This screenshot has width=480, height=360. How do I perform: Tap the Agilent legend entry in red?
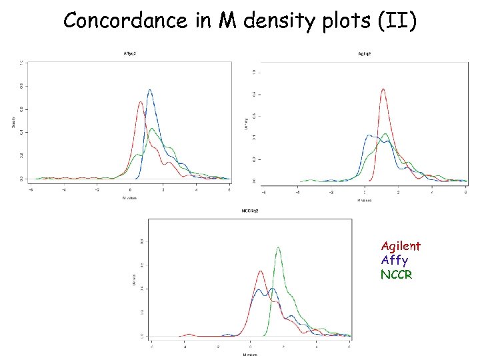pyautogui.click(x=401, y=246)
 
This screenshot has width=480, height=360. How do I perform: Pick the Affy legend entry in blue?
pyautogui.click(x=394, y=260)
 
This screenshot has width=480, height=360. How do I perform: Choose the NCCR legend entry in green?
pyautogui.click(x=397, y=274)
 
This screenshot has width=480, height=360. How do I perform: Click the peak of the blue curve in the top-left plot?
pyautogui.click(x=149, y=90)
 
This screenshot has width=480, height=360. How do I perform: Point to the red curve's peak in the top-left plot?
pyautogui.click(x=140, y=102)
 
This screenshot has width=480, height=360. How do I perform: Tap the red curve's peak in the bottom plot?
pyautogui.click(x=260, y=271)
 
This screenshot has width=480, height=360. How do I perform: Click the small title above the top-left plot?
pyautogui.click(x=131, y=53)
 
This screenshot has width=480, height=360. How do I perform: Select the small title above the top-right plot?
pyautogui.click(x=365, y=53)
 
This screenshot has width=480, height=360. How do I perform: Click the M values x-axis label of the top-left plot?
pyautogui.click(x=131, y=198)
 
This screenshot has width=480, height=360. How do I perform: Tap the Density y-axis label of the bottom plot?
pyautogui.click(x=133, y=283)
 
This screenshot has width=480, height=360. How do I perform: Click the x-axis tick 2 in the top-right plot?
pyautogui.click(x=398, y=193)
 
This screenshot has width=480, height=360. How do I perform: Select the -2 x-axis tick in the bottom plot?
pyautogui.click(x=217, y=347)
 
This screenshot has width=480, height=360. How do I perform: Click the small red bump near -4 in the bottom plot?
pyautogui.click(x=189, y=334)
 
